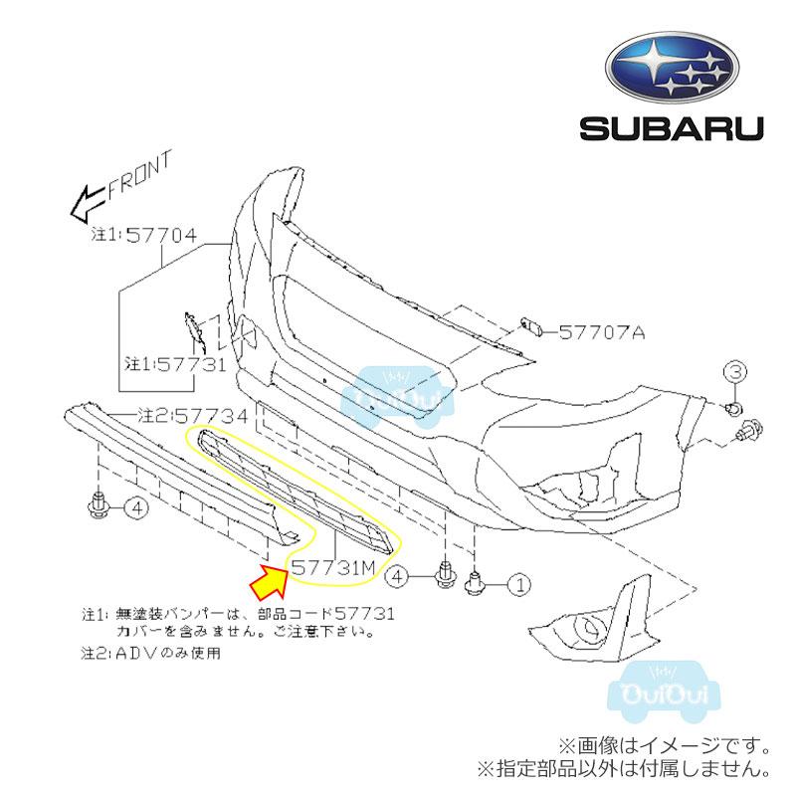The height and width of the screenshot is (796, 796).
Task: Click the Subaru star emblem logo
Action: click(672, 69)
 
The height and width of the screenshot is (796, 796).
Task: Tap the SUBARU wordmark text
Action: click(672, 129)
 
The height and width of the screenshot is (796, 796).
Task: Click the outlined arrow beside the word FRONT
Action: click(89, 202)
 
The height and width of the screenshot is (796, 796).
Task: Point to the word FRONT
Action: click(140, 175)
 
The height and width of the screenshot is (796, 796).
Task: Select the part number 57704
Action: click(161, 235)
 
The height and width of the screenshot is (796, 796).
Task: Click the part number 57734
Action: click(212, 416)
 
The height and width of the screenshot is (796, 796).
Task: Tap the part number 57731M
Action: click(333, 568)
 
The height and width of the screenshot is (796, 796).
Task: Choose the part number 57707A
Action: click(602, 333)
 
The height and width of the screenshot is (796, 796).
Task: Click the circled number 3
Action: click(735, 372)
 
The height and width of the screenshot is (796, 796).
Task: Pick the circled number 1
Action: click(519, 585)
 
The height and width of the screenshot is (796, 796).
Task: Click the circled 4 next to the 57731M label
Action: click(397, 576)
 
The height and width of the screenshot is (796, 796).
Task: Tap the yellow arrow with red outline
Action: click(271, 582)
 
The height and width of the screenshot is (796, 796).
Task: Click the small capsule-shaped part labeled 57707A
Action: click(530, 327)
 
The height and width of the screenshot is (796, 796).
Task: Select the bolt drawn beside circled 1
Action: click(475, 583)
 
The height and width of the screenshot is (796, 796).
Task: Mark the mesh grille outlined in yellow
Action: click(296, 490)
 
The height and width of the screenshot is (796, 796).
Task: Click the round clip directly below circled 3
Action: click(733, 407)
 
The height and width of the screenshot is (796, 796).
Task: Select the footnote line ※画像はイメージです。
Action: click(664, 746)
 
